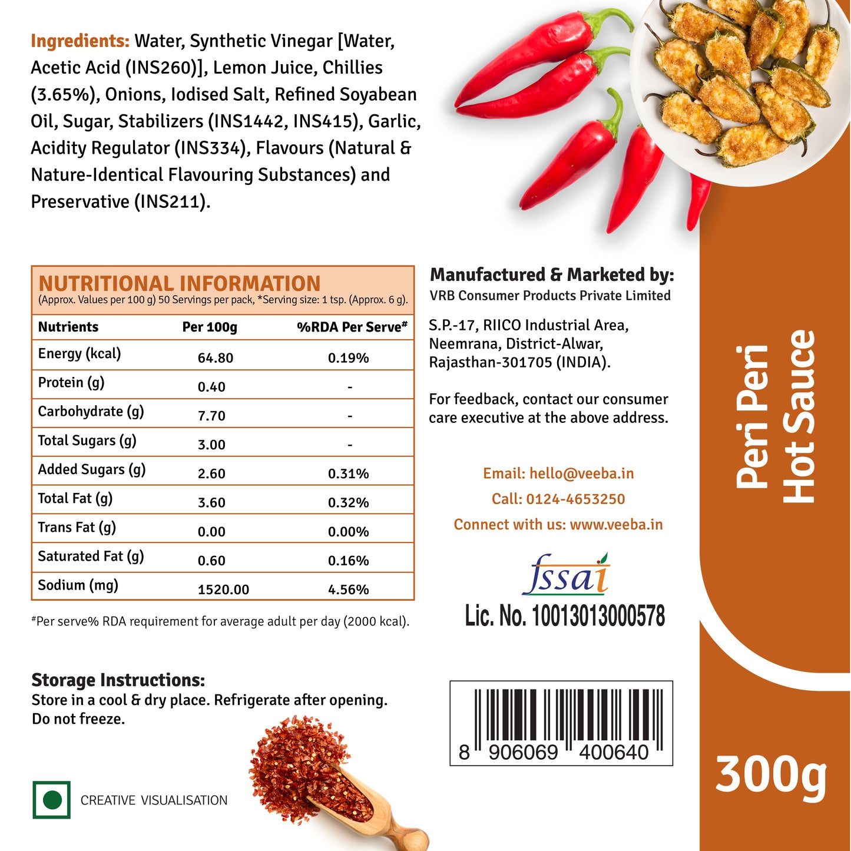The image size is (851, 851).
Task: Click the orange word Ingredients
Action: pos(80,41)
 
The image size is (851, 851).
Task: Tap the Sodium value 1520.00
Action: pos(223,590)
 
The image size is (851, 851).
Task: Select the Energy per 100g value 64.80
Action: pos(216,358)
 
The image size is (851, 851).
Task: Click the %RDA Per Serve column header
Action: pos(352,327)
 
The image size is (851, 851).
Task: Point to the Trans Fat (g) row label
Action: pos(77,527)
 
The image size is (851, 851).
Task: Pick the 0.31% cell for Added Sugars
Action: pos(348,473)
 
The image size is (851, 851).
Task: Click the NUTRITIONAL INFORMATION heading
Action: pos(179,283)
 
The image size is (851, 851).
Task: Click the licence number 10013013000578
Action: pos(598,616)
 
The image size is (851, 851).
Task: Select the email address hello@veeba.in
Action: pos(581,473)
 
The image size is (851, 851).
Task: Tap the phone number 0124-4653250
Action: pos(575,499)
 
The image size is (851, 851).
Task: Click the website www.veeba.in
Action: pos(616,524)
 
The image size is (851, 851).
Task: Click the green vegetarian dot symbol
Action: pos(52,800)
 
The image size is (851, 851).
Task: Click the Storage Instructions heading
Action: pos(118,680)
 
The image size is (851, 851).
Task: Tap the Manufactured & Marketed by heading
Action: pos(552,275)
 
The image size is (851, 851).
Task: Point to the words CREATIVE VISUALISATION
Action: pos(154,800)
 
